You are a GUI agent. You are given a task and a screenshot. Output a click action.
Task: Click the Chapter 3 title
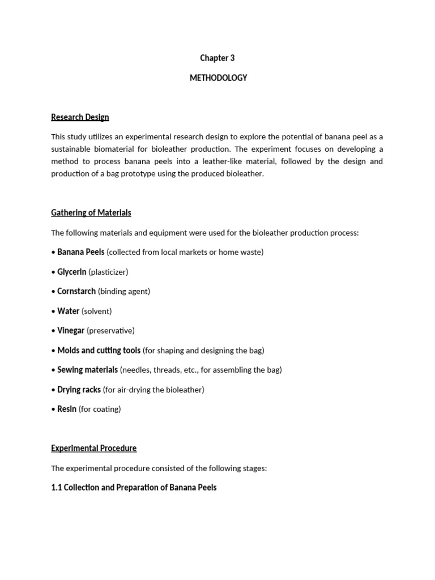[x=217, y=58]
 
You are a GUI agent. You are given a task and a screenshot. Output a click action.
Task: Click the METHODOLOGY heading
[x=218, y=78]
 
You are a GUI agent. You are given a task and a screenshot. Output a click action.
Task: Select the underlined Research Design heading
[x=80, y=117]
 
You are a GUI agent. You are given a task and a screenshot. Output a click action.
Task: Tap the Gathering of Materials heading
[x=91, y=213]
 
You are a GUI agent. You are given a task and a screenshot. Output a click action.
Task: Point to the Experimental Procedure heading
[x=93, y=448]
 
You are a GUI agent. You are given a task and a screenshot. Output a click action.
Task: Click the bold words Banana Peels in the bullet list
[x=80, y=252]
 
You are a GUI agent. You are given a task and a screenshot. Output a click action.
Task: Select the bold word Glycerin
[x=71, y=272]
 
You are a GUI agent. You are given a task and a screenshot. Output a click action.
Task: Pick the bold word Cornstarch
[x=76, y=291]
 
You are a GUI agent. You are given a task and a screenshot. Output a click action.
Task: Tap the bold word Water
[x=68, y=311]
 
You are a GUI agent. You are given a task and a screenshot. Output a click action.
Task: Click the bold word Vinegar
[x=71, y=330]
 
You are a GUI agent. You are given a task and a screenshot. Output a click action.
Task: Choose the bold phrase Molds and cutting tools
[x=99, y=350]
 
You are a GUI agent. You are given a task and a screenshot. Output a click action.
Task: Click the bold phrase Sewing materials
[x=87, y=370]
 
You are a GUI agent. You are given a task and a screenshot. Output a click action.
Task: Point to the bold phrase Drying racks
[x=79, y=390]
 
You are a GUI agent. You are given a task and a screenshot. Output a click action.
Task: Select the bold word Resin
[x=66, y=409]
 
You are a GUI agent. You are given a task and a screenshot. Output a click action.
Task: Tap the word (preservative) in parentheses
[x=111, y=331]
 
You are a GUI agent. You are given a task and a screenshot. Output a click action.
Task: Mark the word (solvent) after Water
[x=97, y=311]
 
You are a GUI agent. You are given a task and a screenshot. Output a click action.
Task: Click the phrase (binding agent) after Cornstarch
[x=124, y=292]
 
